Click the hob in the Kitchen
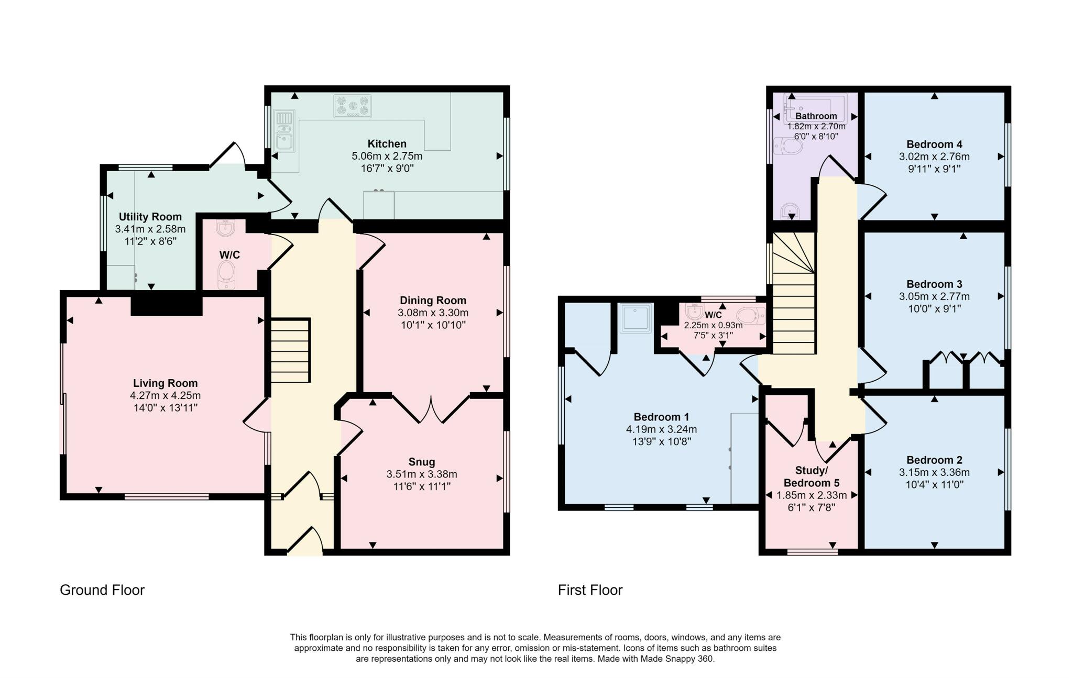[352, 106]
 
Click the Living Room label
[165, 383]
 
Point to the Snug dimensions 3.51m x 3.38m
[422, 474]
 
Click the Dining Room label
[433, 301]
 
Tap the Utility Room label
[150, 217]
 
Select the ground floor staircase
[290, 351]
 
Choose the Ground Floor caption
[102, 590]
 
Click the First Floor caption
[590, 590]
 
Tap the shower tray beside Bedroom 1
[636, 318]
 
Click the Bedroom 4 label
[934, 145]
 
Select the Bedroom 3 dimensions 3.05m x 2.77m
[934, 297]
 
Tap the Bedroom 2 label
[934, 460]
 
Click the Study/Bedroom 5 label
[811, 476]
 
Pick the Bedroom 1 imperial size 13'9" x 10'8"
[661, 441]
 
